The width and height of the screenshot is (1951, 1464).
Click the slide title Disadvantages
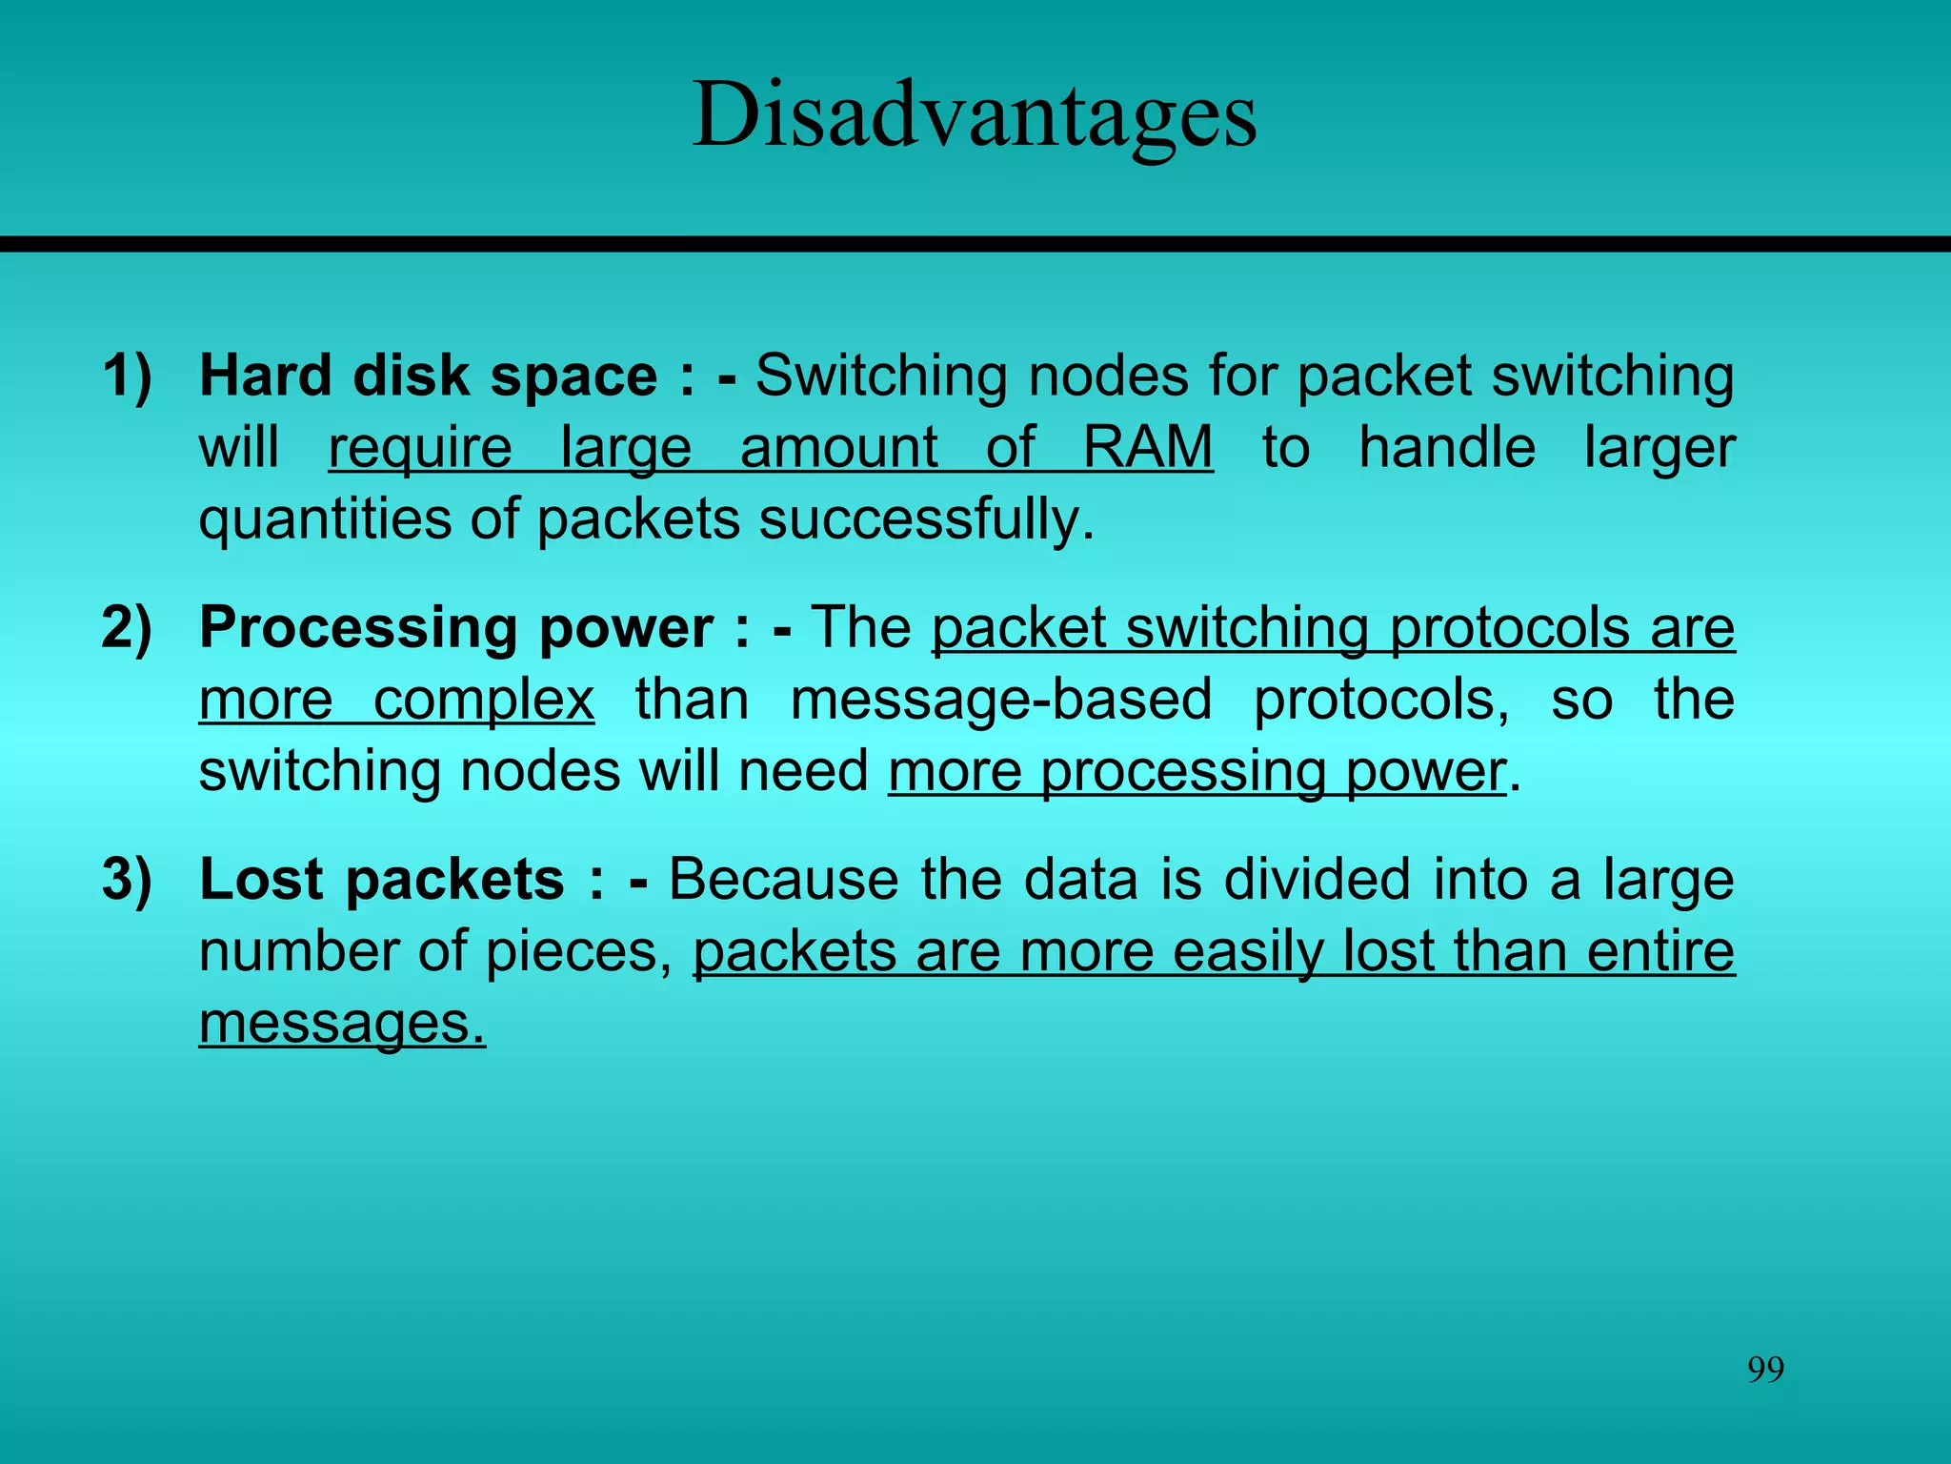975,116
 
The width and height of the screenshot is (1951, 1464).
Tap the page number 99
1765,1370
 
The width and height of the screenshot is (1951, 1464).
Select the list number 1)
127,376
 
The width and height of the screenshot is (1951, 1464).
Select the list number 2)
127,628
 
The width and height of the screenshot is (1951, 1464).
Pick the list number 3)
127,879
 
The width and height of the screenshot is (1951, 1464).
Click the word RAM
1148,447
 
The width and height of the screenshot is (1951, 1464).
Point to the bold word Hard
265,376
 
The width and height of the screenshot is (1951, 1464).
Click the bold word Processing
358,630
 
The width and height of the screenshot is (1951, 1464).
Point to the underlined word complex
484,701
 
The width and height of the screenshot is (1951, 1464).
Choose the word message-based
1001,700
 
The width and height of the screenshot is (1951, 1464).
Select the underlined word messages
342,1024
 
